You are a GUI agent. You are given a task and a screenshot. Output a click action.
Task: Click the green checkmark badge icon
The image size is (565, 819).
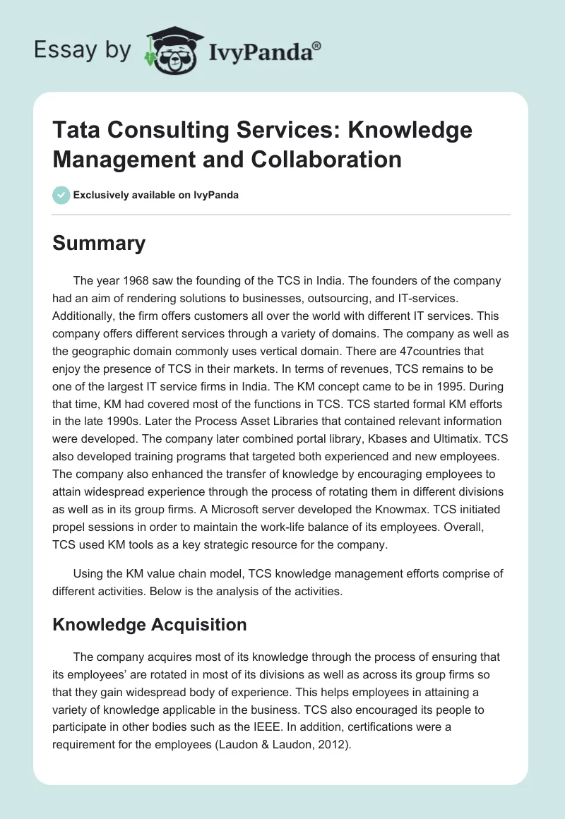coord(61,195)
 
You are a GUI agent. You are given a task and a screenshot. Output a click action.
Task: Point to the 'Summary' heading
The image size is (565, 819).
coord(99,244)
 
